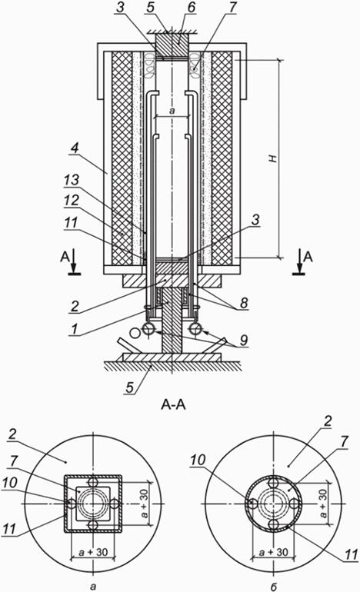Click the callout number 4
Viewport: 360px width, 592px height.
click(x=75, y=148)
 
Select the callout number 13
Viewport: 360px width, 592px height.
click(x=71, y=180)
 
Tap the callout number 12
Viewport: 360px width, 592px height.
click(x=71, y=201)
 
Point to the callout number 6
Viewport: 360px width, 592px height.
click(x=192, y=8)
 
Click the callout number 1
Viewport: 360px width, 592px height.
click(x=75, y=329)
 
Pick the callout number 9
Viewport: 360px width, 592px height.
click(x=244, y=340)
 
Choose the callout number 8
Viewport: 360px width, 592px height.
click(x=244, y=302)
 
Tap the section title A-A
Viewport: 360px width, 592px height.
click(x=173, y=405)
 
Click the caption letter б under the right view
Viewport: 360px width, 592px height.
click(x=274, y=587)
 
